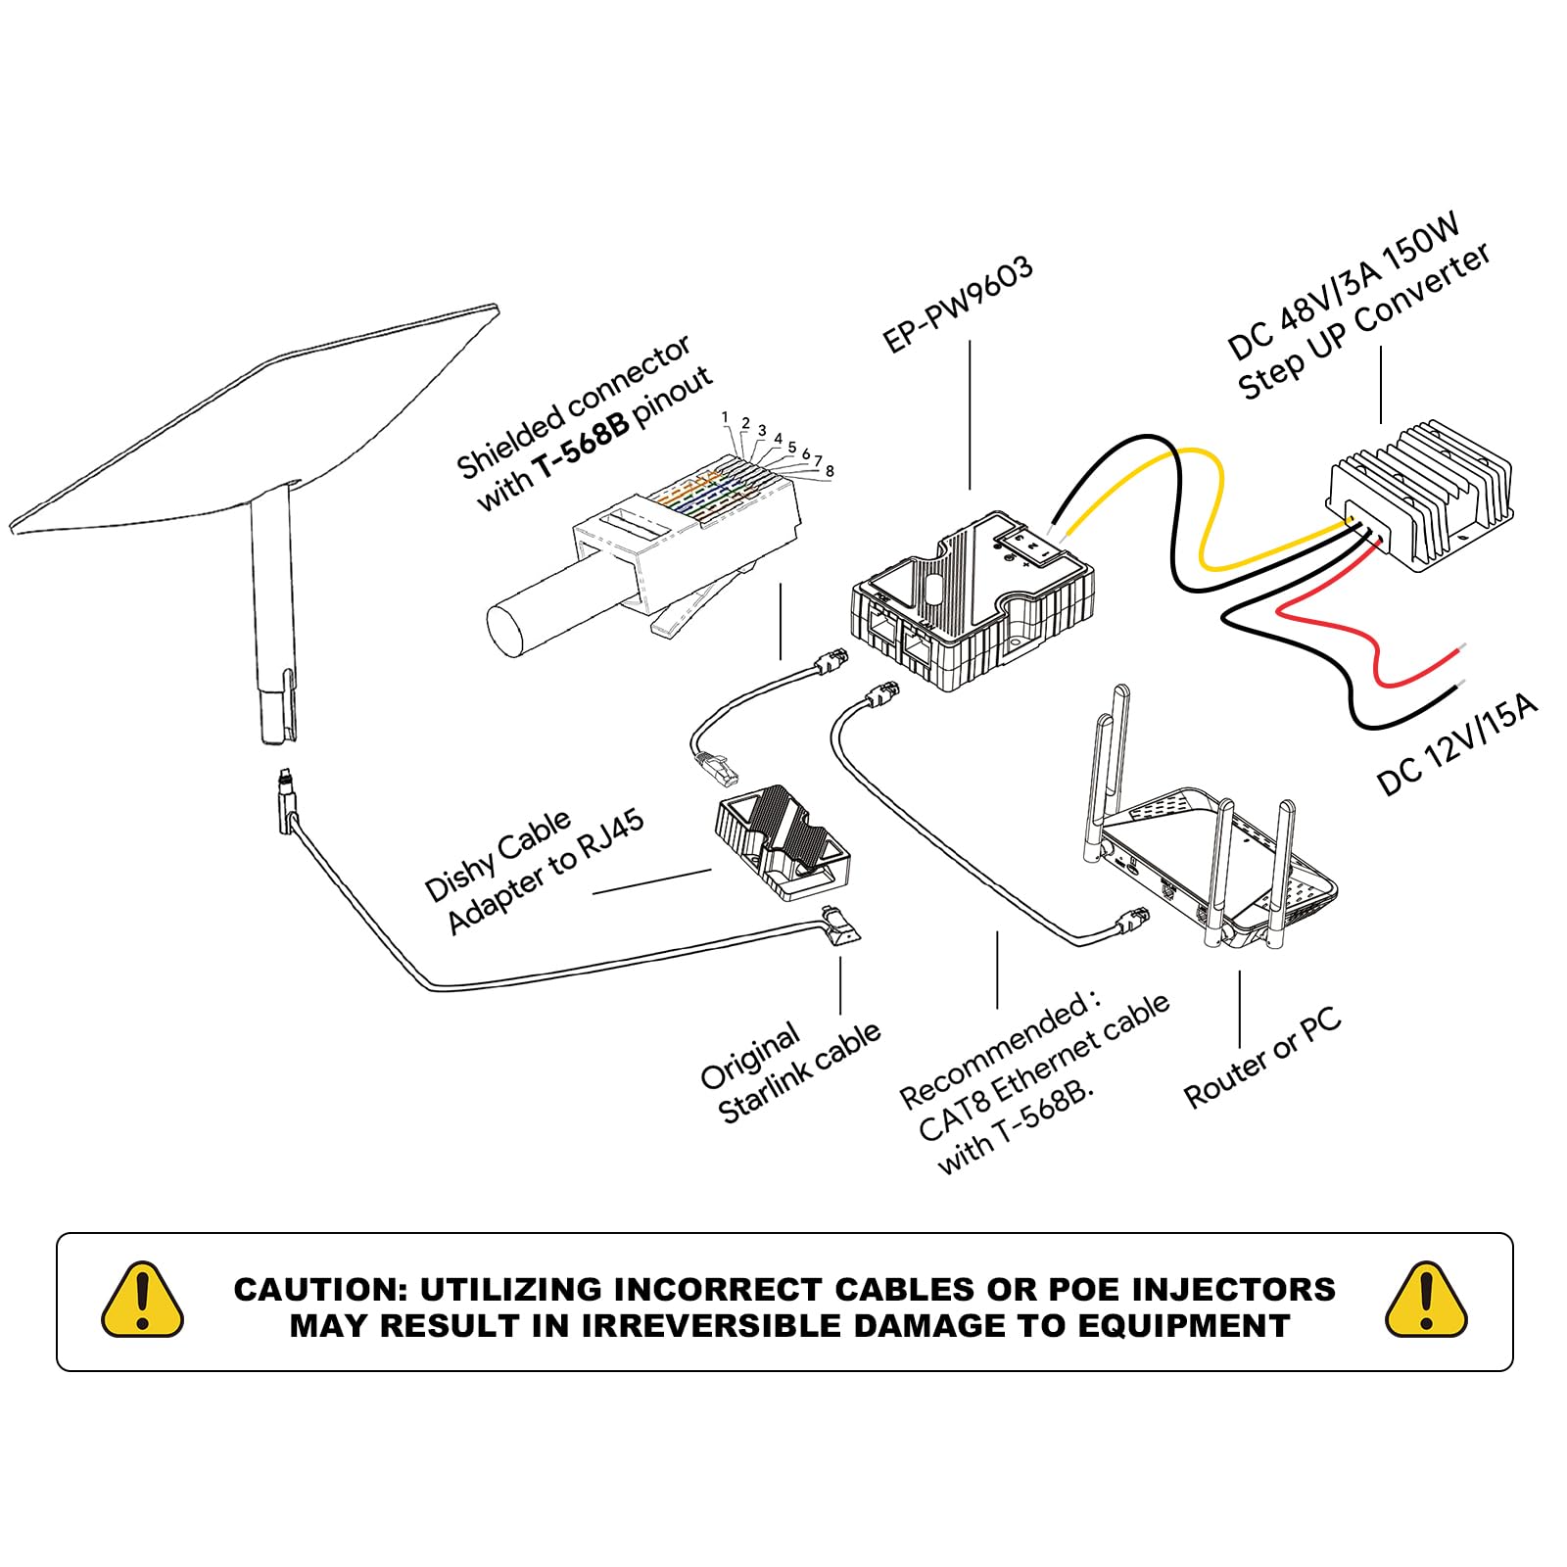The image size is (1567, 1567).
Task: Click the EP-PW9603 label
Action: (958, 305)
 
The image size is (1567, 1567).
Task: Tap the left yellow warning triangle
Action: (143, 1301)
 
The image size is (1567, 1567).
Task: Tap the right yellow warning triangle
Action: (1426, 1301)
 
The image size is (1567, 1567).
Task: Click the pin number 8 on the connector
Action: (830, 471)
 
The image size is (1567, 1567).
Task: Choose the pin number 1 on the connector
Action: (725, 417)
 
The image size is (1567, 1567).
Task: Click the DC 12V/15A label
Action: (1457, 745)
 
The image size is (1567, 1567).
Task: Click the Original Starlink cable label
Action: (789, 1072)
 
